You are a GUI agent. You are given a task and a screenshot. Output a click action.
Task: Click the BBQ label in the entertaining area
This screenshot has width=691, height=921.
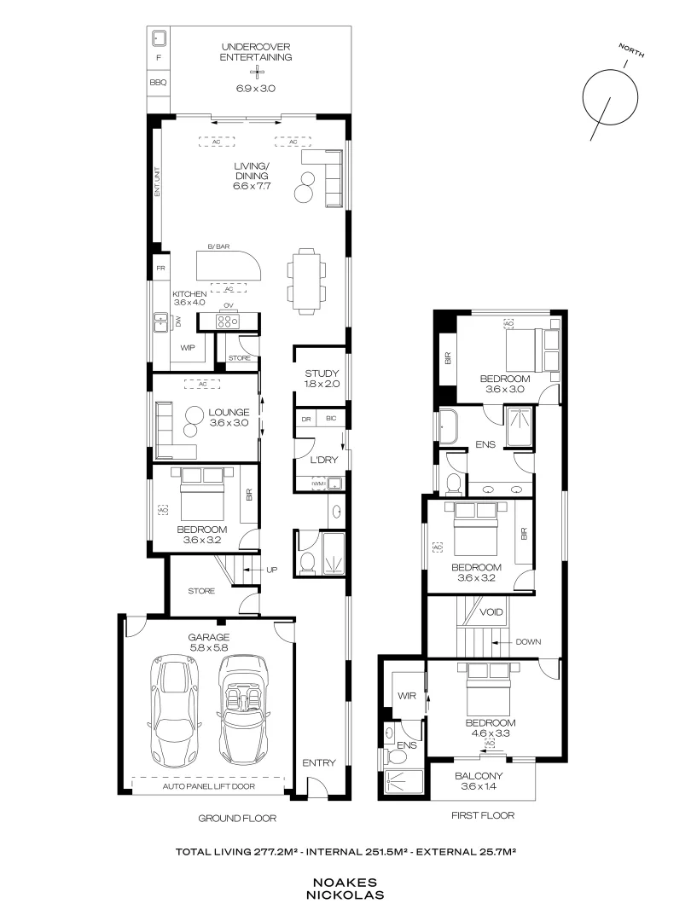158,82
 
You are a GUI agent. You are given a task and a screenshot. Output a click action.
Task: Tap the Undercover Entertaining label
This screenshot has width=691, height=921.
256,52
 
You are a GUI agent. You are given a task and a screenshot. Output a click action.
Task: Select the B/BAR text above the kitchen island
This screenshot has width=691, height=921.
218,246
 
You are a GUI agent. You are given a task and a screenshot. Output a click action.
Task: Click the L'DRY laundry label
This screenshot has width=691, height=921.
324,460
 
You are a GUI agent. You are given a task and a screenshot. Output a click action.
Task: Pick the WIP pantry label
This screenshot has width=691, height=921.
188,348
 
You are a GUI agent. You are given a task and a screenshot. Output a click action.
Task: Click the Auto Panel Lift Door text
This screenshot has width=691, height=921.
209,786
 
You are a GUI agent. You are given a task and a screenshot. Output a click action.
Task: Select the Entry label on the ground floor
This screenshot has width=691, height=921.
319,762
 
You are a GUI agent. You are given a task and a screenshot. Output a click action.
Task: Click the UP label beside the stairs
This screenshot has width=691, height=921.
271,570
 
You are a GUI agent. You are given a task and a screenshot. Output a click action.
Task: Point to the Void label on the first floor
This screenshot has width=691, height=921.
491,612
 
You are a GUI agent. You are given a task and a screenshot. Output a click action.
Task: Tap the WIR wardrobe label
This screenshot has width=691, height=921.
407,696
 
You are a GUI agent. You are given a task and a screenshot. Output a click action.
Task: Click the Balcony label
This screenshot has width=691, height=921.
479,776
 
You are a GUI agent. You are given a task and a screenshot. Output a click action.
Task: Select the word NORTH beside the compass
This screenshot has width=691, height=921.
631,50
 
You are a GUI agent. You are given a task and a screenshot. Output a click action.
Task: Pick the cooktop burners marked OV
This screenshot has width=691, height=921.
228,321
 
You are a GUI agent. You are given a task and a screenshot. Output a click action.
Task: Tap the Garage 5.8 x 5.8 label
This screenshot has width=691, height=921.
209,642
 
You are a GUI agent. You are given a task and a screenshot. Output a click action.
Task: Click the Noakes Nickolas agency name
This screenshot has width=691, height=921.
345,889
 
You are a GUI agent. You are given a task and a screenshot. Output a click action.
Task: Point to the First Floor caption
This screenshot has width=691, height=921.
483,815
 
